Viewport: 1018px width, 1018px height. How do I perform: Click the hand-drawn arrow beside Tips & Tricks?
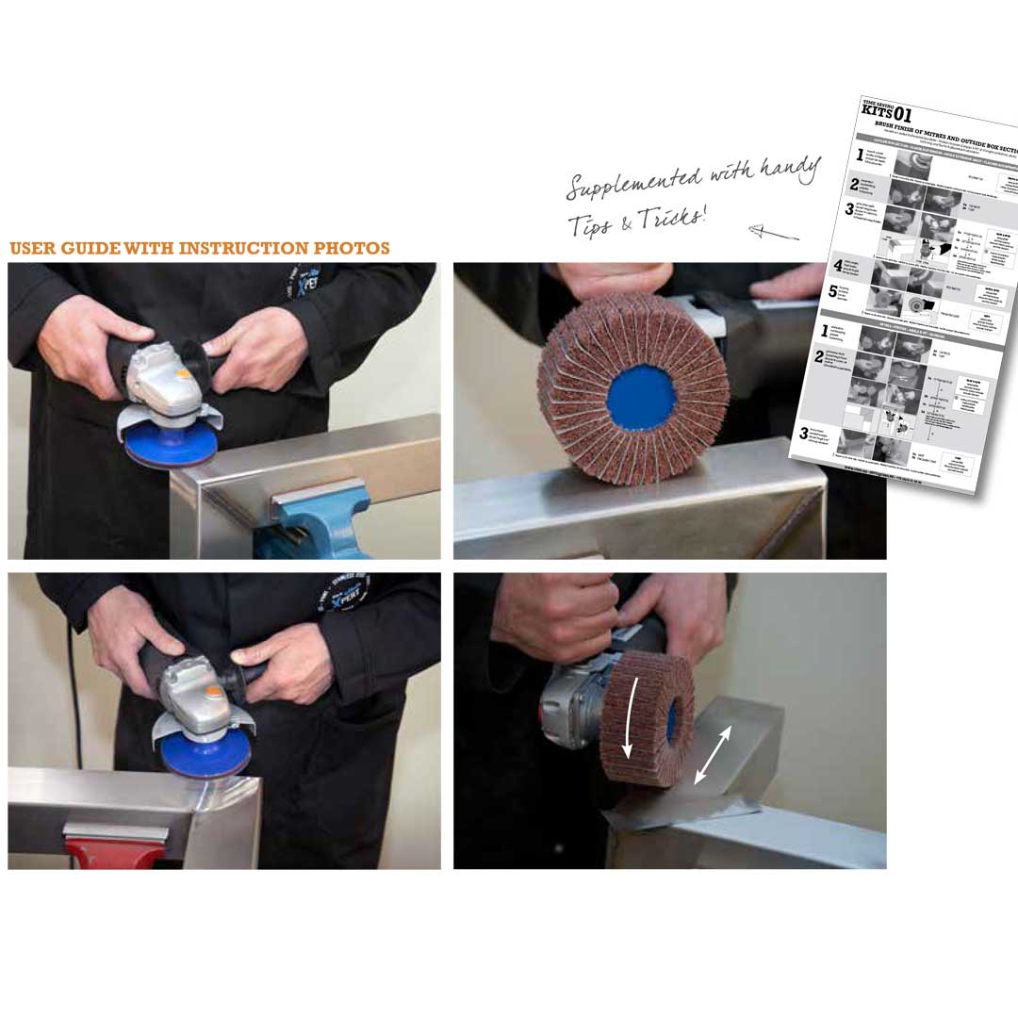(773, 230)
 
